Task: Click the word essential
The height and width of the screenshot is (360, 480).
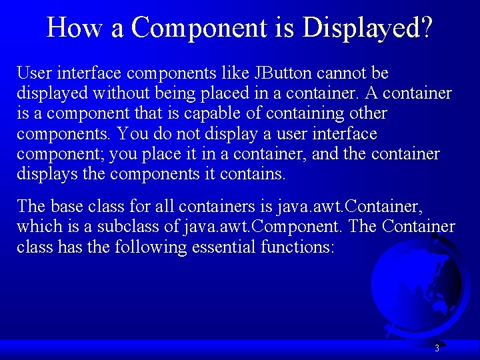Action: [243, 247]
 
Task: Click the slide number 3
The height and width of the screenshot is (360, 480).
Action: [437, 348]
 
